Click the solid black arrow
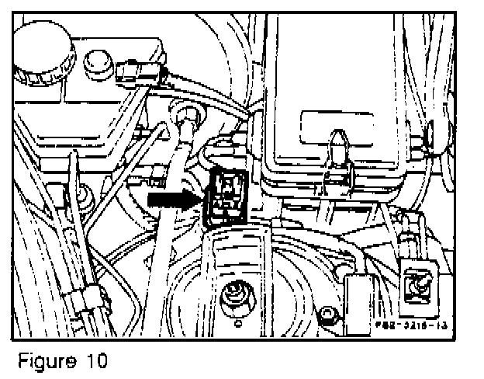tap(171, 200)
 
